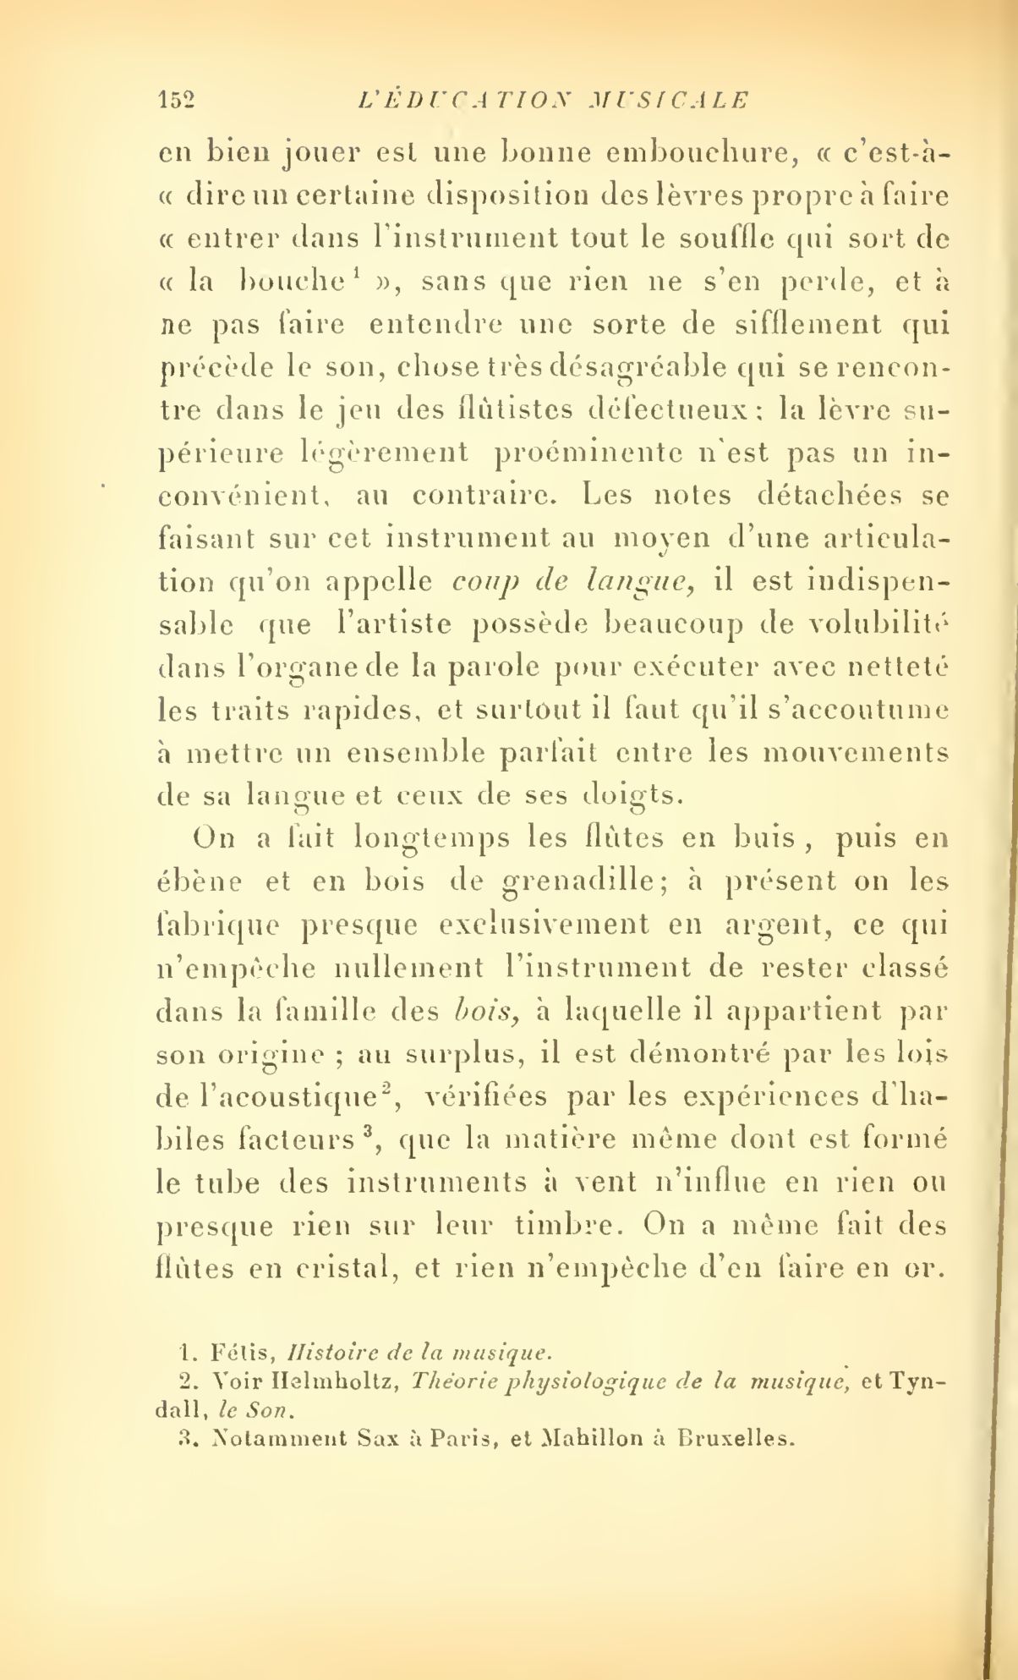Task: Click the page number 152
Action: click(176, 101)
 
